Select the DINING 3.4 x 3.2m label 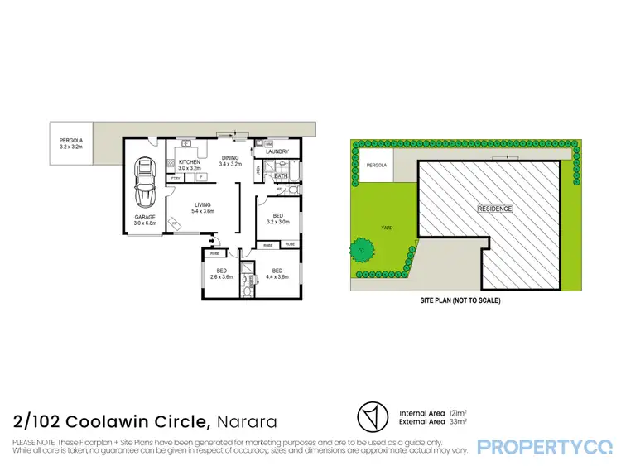(231, 160)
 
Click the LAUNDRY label (277, 151)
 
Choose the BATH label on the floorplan (281, 175)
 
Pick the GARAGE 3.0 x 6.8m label (146, 220)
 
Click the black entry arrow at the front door (214, 241)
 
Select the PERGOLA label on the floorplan (70, 146)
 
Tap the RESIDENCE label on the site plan (495, 209)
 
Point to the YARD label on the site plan (386, 226)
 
